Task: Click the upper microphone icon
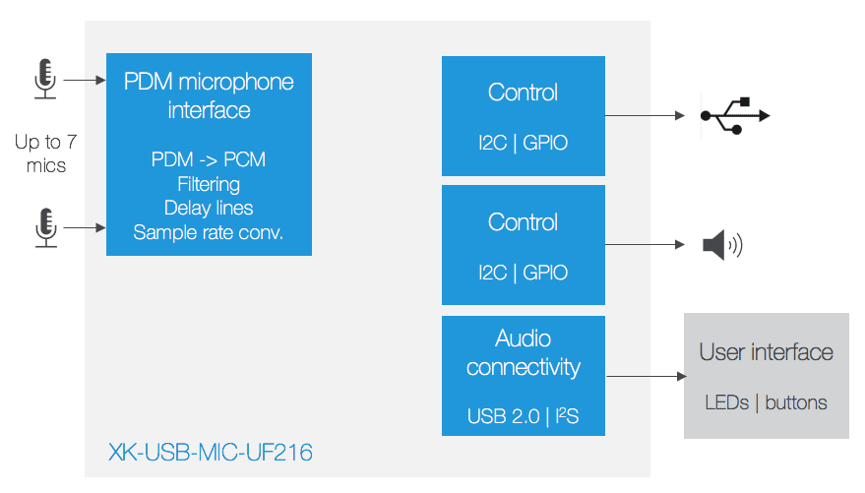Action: click(44, 79)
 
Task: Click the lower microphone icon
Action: click(46, 227)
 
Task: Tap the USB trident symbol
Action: click(735, 116)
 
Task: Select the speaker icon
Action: click(722, 245)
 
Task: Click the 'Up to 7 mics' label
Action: click(46, 154)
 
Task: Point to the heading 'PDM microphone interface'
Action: click(209, 95)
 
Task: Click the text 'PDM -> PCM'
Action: click(209, 159)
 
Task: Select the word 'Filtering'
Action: click(209, 184)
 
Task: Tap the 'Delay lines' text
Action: click(209, 208)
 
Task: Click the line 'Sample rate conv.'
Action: click(209, 232)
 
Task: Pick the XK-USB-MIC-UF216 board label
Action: click(211, 453)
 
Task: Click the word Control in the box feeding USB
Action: click(523, 92)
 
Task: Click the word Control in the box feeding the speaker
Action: click(523, 222)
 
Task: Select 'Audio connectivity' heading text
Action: click(523, 353)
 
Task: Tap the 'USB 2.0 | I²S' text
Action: click(523, 416)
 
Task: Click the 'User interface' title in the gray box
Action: click(767, 352)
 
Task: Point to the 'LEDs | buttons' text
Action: click(767, 402)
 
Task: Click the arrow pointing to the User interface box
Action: click(647, 376)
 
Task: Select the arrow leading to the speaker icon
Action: click(645, 244)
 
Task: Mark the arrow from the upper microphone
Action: click(85, 80)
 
